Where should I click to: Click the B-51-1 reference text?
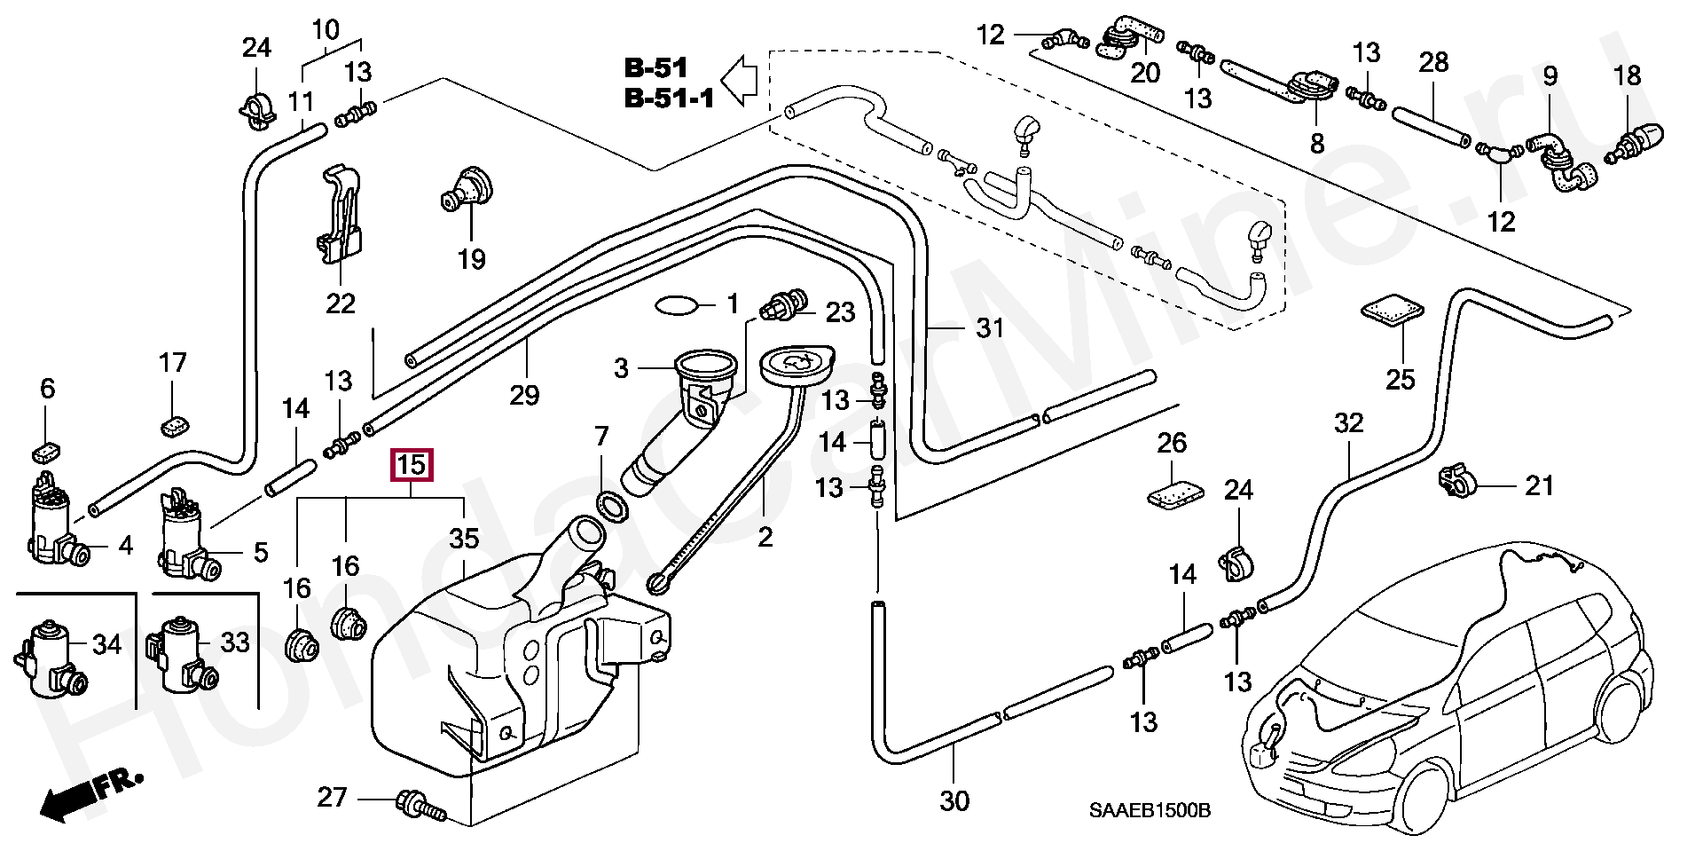670,98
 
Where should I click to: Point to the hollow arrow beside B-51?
737,82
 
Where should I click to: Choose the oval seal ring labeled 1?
677,306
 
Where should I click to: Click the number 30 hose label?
954,801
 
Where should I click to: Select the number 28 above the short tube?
1433,62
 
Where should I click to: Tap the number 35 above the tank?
464,539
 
